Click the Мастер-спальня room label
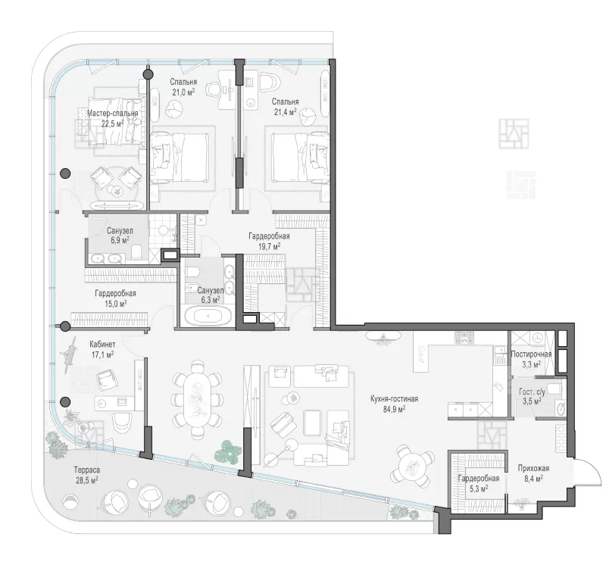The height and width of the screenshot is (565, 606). pos(112,114)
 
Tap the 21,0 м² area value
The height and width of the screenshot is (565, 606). pos(183,92)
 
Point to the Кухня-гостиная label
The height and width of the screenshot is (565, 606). pos(394,399)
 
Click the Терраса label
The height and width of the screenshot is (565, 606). pos(87,470)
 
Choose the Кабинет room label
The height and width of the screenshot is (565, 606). pos(102,344)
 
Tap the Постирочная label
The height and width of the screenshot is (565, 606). pos(532,354)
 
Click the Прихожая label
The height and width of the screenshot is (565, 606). pos(534,468)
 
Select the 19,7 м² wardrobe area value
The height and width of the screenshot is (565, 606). pos(270,246)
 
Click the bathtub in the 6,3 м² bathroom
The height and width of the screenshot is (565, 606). pos(208,316)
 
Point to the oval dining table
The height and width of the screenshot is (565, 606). pos(198,399)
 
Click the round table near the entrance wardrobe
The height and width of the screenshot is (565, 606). pos(411,466)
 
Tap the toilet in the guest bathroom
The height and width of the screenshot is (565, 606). pos(554,388)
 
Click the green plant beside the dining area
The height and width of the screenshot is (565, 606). pos(229,451)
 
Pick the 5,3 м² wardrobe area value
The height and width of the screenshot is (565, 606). pos(479,488)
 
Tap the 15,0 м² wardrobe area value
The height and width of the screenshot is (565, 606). pos(116,304)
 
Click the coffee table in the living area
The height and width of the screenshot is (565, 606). pos(313,423)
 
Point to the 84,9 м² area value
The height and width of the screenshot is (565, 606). pos(394,409)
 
